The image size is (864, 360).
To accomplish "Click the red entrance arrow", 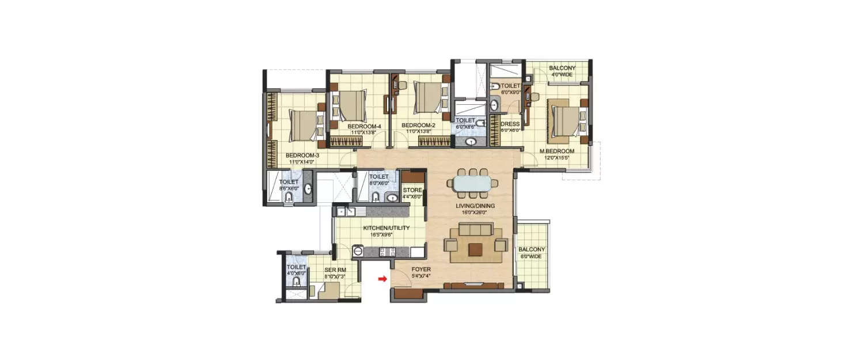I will (x=382, y=280).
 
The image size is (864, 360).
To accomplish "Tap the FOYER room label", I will (x=421, y=270).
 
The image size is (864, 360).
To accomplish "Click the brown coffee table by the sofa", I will (x=475, y=249).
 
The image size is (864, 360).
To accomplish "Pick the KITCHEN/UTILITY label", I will (x=386, y=228).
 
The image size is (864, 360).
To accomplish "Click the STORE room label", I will (x=412, y=190).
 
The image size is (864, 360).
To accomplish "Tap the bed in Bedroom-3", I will (x=304, y=126).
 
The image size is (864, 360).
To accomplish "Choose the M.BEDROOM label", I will (x=557, y=151).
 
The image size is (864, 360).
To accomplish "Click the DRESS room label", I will (x=510, y=124).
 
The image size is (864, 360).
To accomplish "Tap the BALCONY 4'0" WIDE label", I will (x=562, y=68).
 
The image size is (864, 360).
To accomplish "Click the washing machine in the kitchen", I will (x=357, y=251).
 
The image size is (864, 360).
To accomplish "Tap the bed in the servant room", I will (x=324, y=291).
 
